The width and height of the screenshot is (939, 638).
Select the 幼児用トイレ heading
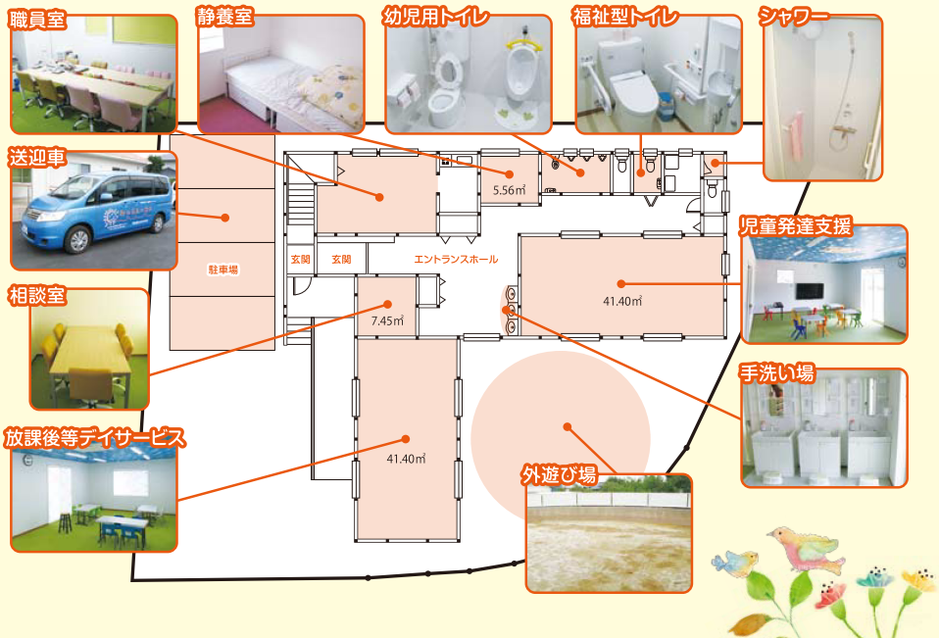(436, 16)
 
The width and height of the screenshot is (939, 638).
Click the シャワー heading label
(795, 16)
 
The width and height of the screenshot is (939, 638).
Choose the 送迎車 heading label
(37, 157)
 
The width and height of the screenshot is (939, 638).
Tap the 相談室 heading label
(36, 294)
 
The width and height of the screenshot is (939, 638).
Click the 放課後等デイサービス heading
(94, 437)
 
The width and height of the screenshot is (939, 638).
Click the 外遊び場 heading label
(560, 476)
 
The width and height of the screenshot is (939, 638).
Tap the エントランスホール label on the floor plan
(456, 260)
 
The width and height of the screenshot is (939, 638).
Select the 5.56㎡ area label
(509, 189)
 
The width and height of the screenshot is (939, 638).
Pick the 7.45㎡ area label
(387, 320)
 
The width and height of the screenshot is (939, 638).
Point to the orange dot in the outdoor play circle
(567, 426)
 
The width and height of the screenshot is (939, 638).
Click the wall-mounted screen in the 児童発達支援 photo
(809, 291)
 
